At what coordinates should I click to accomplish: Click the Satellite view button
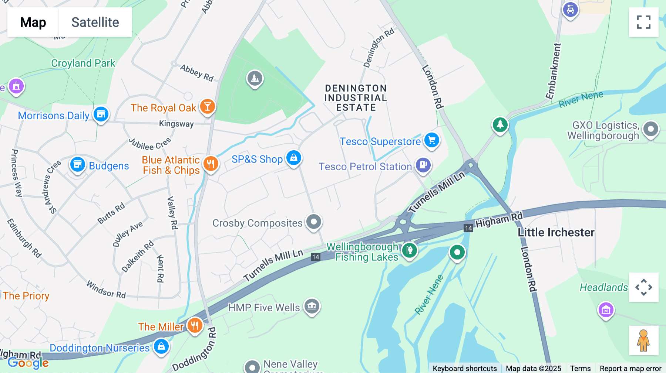coord(95,22)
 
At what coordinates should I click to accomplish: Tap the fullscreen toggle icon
coord(643,22)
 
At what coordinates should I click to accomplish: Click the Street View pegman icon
coord(643,341)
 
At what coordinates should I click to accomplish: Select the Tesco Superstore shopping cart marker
coord(431,140)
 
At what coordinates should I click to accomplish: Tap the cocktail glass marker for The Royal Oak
coord(208,106)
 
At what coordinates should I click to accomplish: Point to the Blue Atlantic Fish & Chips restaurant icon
coord(211,164)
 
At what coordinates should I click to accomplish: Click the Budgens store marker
coord(78,164)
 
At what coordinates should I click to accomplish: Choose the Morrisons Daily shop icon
coord(101,114)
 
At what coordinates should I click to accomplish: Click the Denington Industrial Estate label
coord(356,98)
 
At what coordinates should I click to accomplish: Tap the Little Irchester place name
coord(556,232)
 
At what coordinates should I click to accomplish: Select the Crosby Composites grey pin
coord(314,222)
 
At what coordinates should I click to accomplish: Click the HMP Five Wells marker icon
coord(312,306)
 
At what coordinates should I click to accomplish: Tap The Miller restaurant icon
coord(195,325)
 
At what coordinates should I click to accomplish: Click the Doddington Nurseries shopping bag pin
coord(161,346)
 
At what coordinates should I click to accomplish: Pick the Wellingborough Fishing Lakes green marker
coord(409,250)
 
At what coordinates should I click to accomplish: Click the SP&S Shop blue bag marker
coord(294,158)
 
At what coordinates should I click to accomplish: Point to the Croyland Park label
coord(83,63)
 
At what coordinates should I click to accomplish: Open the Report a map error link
coord(630,368)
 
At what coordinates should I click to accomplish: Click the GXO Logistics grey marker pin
coord(651,129)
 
